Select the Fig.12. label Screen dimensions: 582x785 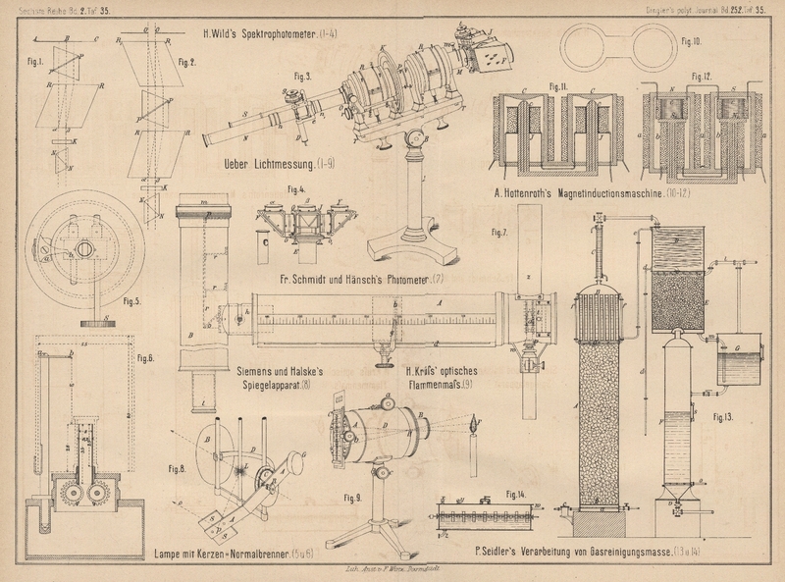point(699,76)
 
